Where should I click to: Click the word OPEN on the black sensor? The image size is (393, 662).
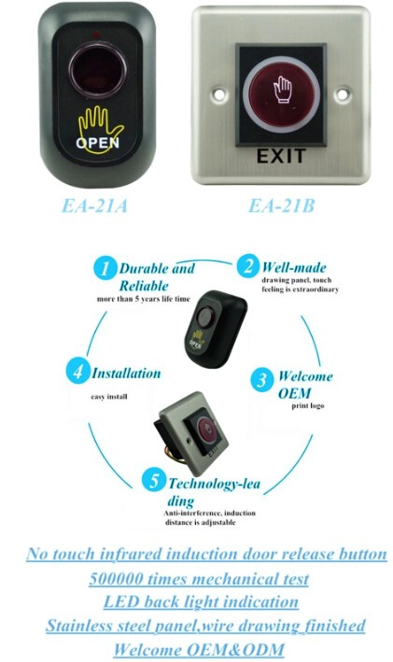[x=97, y=143]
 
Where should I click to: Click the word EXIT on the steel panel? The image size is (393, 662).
[x=281, y=156]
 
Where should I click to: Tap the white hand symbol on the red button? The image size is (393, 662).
[x=283, y=89]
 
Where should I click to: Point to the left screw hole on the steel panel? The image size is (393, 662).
[x=219, y=93]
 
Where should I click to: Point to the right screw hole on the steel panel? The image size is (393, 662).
[x=343, y=93]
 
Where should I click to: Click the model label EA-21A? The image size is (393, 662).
[x=94, y=206]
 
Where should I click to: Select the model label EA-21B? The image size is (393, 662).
[x=282, y=206]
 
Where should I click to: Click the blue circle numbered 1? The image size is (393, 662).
[x=105, y=268]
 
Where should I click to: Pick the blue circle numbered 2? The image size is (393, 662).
[x=247, y=266]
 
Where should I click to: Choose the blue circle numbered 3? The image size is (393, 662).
[x=262, y=380]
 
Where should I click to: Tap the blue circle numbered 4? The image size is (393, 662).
[x=77, y=372]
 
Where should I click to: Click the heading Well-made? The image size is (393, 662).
[x=294, y=267]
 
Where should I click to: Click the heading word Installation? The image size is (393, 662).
[x=127, y=373]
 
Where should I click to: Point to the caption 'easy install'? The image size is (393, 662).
[x=109, y=397]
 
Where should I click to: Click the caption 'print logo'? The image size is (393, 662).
[x=308, y=406]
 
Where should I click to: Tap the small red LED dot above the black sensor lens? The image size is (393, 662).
[x=97, y=35]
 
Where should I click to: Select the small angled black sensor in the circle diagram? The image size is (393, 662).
[x=216, y=329]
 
